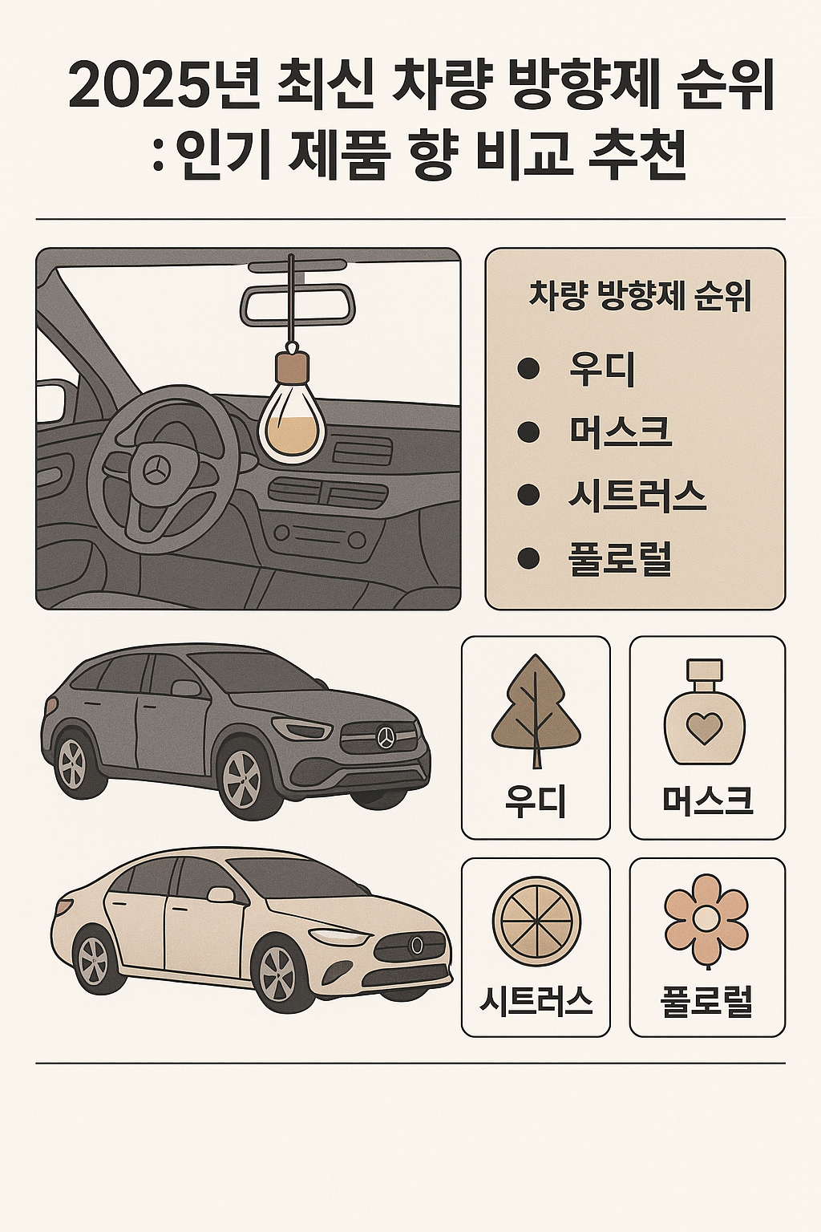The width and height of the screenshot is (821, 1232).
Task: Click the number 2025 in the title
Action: coord(143,87)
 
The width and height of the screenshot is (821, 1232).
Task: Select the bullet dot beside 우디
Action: coord(528,368)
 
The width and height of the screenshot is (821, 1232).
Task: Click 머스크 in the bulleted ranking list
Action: coord(620,432)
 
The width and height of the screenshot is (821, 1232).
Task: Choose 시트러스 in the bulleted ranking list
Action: coord(637,495)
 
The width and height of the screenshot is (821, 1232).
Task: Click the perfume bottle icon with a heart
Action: coord(705,711)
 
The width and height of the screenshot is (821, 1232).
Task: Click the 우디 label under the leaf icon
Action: coord(536,801)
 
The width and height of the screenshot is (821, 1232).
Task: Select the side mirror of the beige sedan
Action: coord(219,894)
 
